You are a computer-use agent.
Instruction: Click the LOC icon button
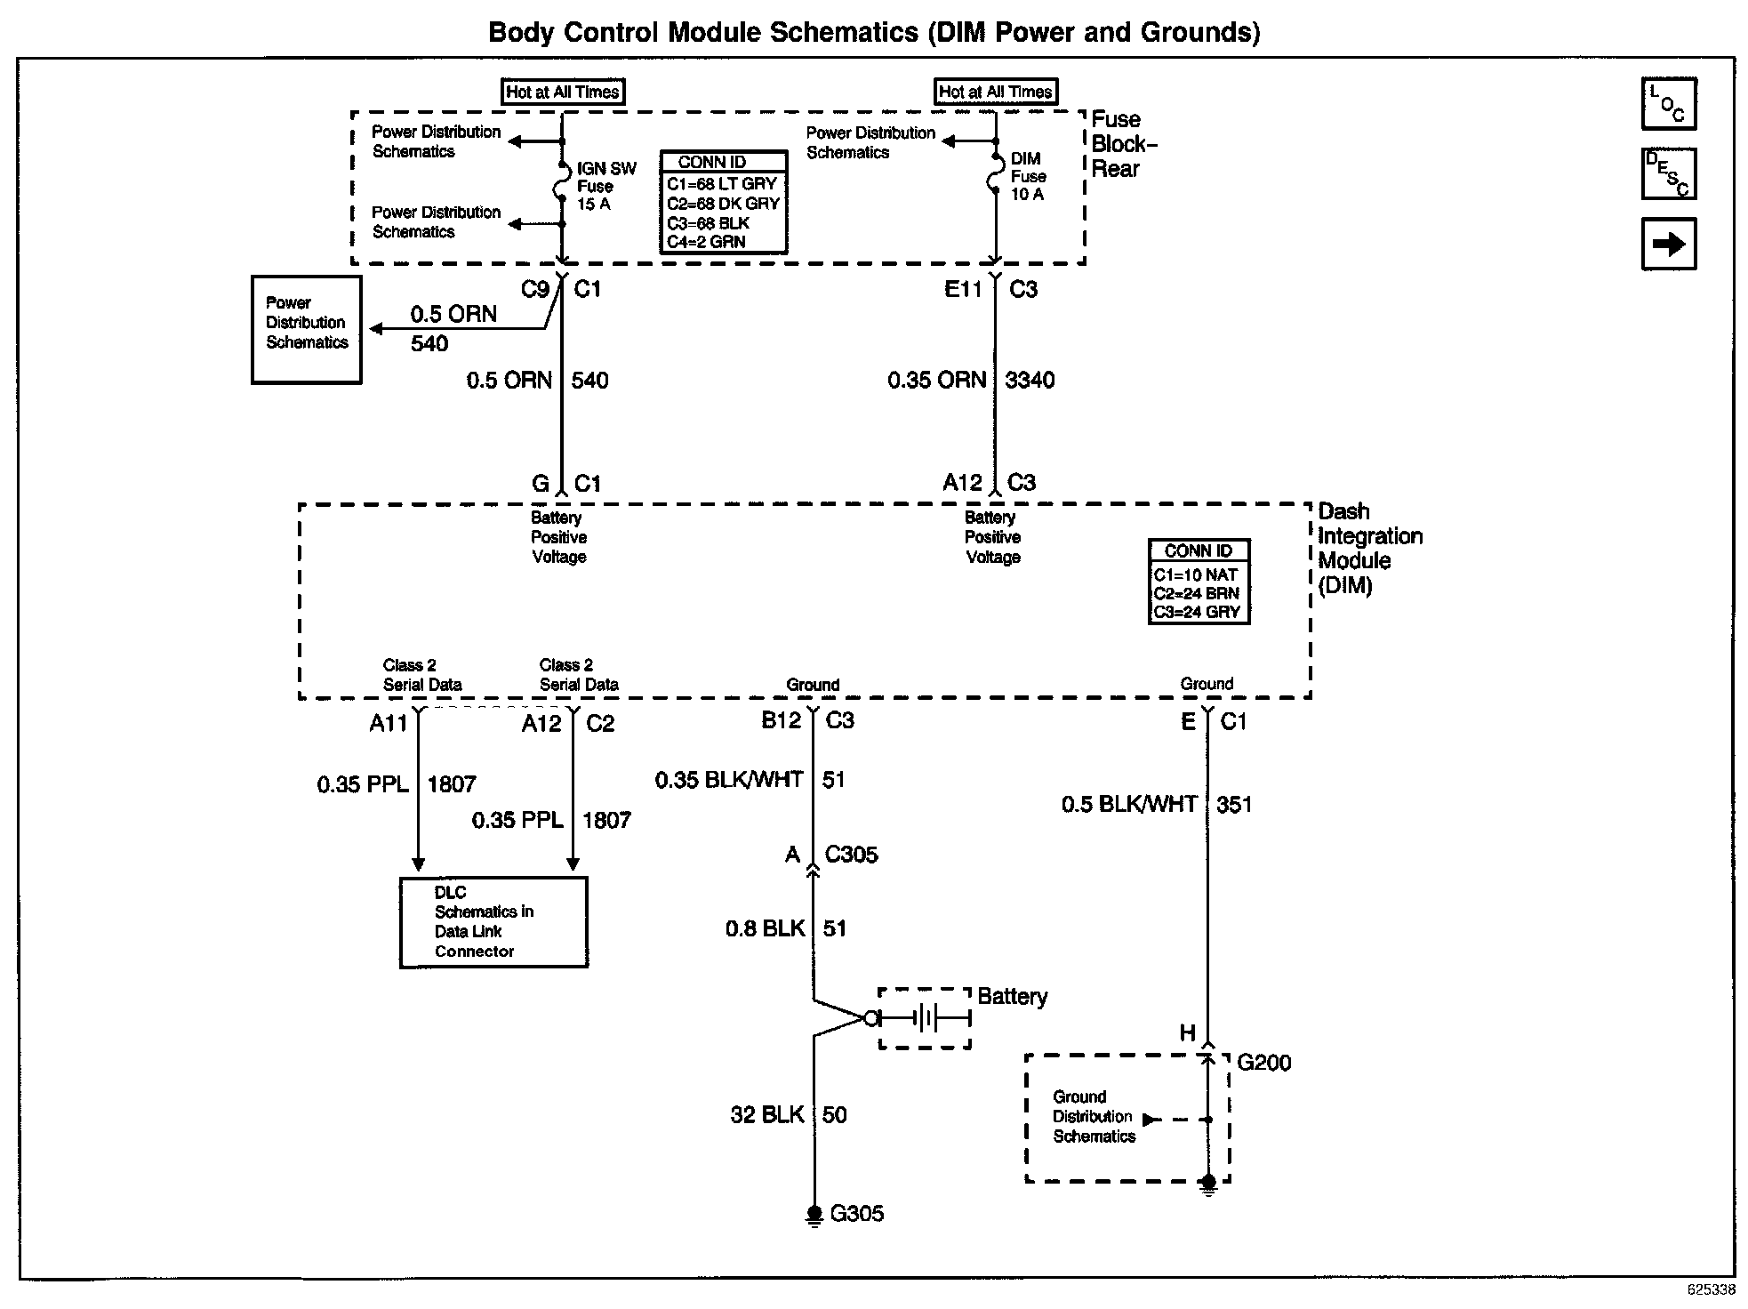(x=1668, y=104)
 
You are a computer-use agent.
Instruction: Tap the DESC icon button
(x=1668, y=173)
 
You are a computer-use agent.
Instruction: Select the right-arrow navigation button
(x=1668, y=244)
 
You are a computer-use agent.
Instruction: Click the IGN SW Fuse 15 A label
(x=606, y=186)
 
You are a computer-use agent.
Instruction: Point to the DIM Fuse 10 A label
(x=1027, y=176)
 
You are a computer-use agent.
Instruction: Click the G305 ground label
(x=856, y=1214)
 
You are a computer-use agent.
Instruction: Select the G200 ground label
(x=1263, y=1063)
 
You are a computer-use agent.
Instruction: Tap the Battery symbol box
(x=925, y=1018)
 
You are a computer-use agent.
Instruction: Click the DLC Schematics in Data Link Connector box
(x=493, y=922)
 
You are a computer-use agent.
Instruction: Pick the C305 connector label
(x=851, y=855)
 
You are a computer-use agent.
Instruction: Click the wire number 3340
(x=1030, y=381)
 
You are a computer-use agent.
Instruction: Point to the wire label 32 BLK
(x=766, y=1115)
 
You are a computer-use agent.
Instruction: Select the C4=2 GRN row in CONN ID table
(x=706, y=242)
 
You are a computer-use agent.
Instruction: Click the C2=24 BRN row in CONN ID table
(x=1196, y=593)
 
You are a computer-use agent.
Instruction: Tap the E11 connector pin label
(x=963, y=289)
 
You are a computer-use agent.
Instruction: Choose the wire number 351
(x=1234, y=805)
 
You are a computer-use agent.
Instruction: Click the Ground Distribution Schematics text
(x=1094, y=1117)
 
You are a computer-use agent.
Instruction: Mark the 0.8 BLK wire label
(x=765, y=929)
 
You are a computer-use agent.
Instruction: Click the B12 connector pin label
(x=782, y=720)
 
